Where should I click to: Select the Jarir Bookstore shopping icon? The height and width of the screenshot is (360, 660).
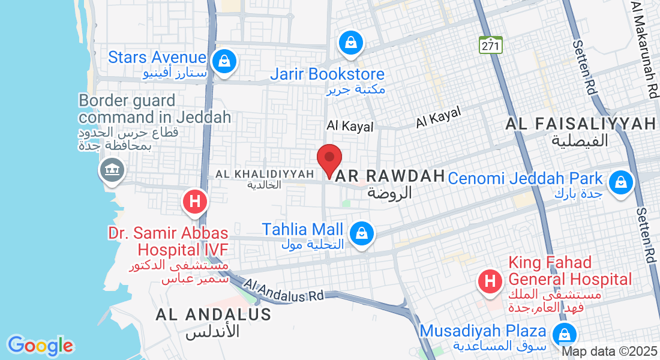click(x=349, y=43)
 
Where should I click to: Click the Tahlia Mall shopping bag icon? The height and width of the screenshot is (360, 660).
click(x=362, y=232)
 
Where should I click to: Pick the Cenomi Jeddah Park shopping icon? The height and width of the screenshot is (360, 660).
click(x=620, y=181)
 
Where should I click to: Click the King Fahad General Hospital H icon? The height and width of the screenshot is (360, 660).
click(x=490, y=281)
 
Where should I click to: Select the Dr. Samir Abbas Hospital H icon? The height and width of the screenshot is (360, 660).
click(x=194, y=202)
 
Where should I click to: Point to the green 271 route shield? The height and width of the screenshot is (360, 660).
click(x=491, y=45)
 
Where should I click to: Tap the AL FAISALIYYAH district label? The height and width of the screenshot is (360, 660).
click(x=581, y=124)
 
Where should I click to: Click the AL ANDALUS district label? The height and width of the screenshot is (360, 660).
click(x=213, y=314)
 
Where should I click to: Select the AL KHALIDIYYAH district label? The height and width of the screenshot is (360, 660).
click(x=265, y=174)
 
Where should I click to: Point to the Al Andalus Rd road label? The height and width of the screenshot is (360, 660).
click(x=284, y=290)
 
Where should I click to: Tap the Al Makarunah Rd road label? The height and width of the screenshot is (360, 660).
click(x=644, y=48)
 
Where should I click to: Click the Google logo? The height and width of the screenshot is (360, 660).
click(x=40, y=346)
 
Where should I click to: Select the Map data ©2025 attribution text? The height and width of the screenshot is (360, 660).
click(x=609, y=352)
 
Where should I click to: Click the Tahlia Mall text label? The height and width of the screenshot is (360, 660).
click(x=302, y=230)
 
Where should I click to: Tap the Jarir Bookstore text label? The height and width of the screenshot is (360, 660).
click(x=327, y=74)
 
